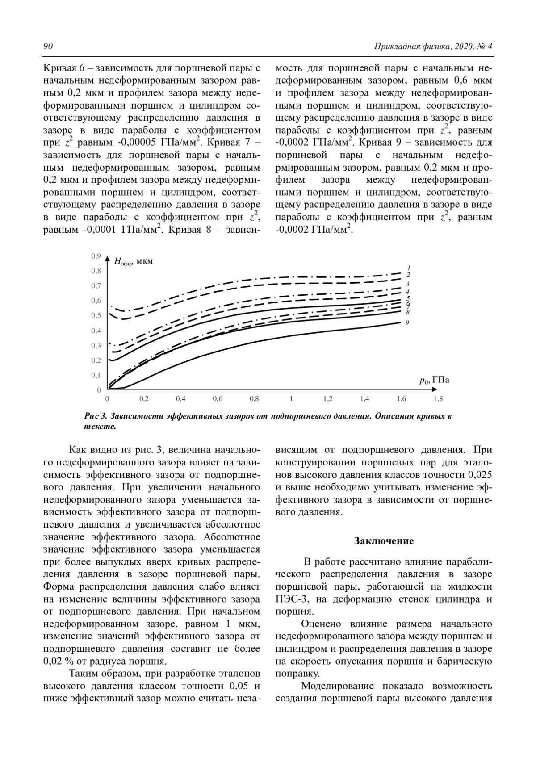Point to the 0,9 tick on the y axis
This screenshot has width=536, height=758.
[x=96, y=256]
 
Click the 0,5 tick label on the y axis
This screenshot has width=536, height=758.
[x=96, y=316]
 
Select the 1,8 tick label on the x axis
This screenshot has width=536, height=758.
[x=438, y=398]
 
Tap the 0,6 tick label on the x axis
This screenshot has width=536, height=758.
[x=218, y=398]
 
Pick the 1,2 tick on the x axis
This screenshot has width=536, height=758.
[x=328, y=398]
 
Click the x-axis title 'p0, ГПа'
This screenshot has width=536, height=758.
[x=434, y=381]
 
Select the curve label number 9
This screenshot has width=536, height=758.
[x=407, y=322]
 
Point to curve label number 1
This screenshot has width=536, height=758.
[x=409, y=268]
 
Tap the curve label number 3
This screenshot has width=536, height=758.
[x=408, y=284]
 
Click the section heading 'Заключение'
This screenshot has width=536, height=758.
[x=384, y=541]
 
